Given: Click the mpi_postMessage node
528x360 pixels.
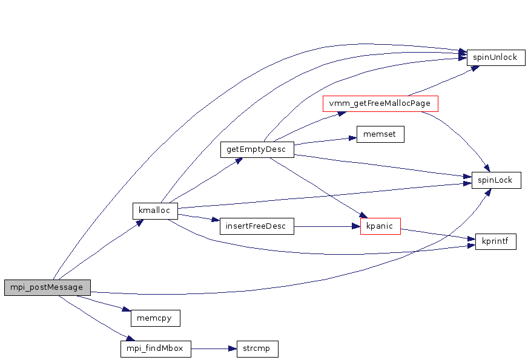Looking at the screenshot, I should click(x=47, y=287).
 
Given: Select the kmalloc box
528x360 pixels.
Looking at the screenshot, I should click(x=154, y=211).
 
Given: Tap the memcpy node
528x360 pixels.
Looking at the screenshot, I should click(x=156, y=318).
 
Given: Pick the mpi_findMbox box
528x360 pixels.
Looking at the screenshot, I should click(x=156, y=349).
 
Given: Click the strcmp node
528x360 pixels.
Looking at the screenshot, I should click(x=257, y=349).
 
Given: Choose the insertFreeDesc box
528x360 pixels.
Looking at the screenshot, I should click(x=257, y=227).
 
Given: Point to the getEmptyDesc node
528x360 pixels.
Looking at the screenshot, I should click(x=257, y=149).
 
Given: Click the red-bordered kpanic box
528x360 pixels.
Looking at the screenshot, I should click(x=380, y=227).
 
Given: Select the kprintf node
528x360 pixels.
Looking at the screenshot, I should click(x=495, y=242).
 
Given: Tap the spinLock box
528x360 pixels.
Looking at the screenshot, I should click(x=496, y=180).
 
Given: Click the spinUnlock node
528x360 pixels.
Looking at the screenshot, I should click(x=495, y=57).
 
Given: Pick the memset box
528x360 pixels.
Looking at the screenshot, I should click(x=380, y=134).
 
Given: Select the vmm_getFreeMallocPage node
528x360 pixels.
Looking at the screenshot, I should click(x=380, y=103).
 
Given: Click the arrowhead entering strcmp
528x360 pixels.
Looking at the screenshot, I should click(x=233, y=349).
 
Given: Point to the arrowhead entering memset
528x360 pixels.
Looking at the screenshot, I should click(x=352, y=137).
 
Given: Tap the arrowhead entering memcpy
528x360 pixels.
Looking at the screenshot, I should click(x=127, y=310).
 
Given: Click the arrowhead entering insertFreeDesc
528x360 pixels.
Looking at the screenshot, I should click(x=216, y=221).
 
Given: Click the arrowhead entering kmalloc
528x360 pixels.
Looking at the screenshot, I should click(x=140, y=222).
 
